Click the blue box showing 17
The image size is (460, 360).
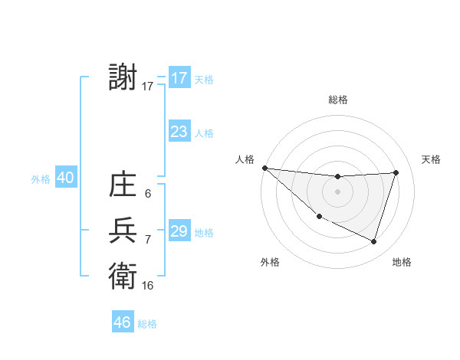click(179, 78)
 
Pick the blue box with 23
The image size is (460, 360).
click(179, 132)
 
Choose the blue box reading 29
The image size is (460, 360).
click(179, 231)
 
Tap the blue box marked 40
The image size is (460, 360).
click(65, 178)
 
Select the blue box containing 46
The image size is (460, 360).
click(123, 322)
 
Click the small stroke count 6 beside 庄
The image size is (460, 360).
click(147, 195)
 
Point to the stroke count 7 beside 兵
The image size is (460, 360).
click(147, 240)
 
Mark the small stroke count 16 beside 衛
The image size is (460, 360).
click(147, 285)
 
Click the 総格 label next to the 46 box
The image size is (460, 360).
click(147, 324)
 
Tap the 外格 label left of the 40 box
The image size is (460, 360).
click(41, 179)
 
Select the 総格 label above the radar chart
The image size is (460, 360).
click(338, 100)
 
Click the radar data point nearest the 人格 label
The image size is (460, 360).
click(264, 167)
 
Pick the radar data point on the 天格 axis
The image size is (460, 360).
click(396, 172)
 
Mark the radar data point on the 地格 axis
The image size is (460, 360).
click(373, 242)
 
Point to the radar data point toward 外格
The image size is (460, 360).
click(319, 216)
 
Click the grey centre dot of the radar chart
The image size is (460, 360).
click(337, 191)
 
